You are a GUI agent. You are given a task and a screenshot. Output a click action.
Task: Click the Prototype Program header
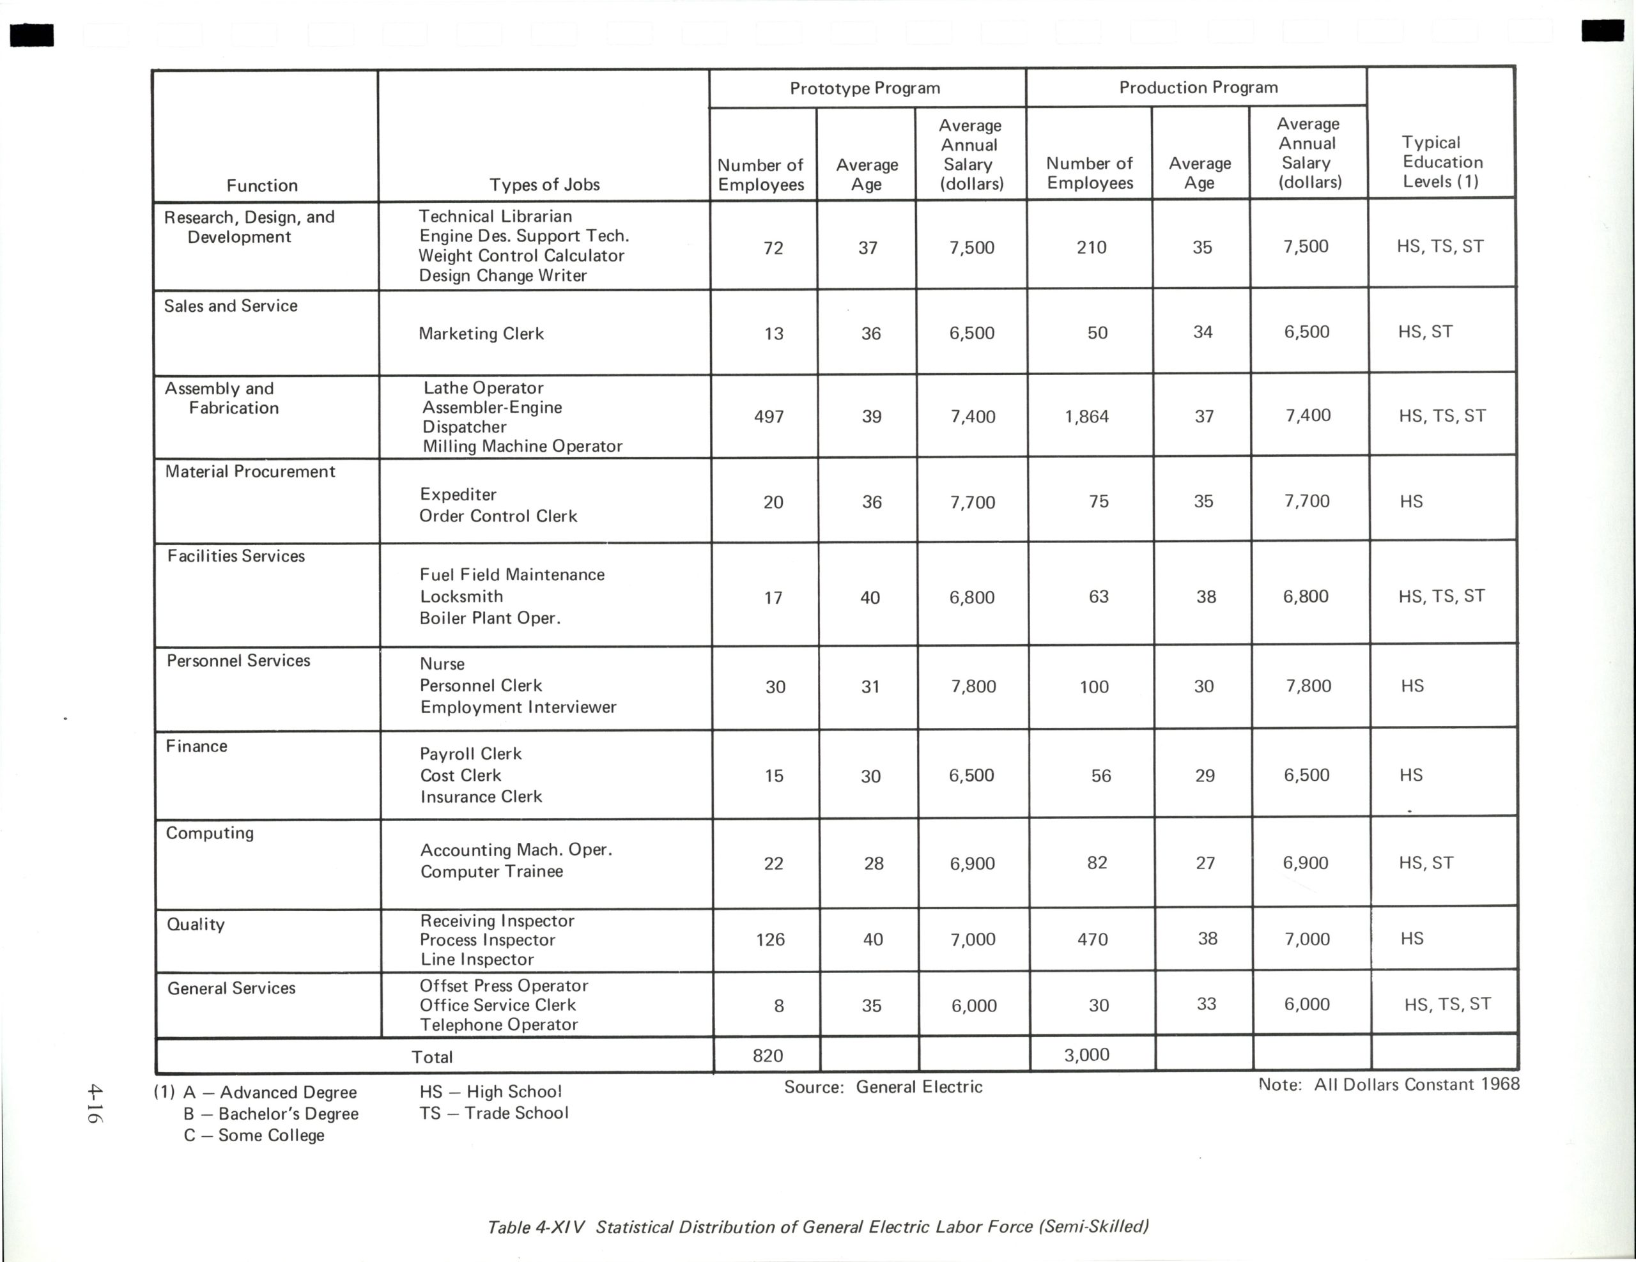tap(865, 88)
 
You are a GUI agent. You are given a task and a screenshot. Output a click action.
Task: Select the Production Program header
tap(1198, 88)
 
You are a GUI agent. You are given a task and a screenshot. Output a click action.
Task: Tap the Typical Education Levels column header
tap(1442, 162)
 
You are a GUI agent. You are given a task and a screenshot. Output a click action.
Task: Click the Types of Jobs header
tap(544, 185)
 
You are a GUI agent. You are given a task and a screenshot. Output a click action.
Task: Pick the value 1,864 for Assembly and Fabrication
tap(1086, 417)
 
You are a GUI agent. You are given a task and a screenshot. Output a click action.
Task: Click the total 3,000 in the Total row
tap(1086, 1054)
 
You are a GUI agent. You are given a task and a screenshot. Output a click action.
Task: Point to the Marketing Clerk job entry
tap(481, 334)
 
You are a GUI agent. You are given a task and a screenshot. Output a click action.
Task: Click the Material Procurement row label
tap(251, 471)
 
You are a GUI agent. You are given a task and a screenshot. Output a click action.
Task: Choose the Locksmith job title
tap(461, 596)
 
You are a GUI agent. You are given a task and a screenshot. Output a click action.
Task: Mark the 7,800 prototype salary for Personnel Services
tap(973, 687)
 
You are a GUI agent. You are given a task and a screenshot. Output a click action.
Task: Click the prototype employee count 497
tap(769, 417)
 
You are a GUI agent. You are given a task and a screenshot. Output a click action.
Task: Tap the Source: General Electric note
tap(883, 1087)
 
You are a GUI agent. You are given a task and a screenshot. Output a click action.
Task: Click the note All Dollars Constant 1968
tap(1388, 1084)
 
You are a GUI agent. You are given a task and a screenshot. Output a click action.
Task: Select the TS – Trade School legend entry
tap(493, 1113)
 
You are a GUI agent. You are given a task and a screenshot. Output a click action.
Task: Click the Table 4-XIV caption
tap(817, 1227)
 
